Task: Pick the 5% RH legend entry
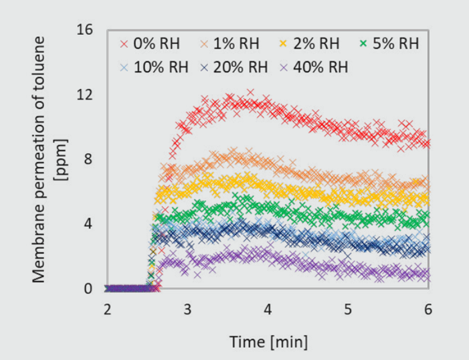point(393,45)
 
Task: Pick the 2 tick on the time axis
point(107,310)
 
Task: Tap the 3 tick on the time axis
point(187,310)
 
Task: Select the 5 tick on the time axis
point(348,310)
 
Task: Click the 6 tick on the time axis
point(428,310)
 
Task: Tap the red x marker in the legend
point(122,45)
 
